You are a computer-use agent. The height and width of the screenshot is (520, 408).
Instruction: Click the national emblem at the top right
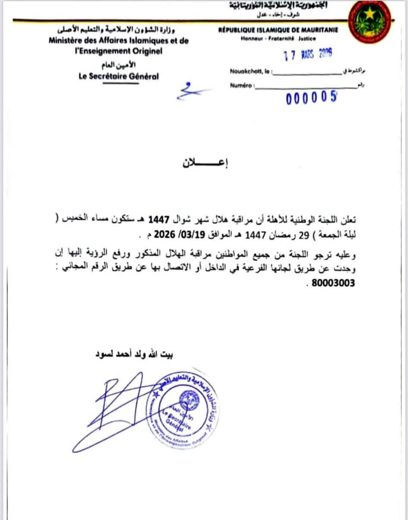tap(369, 22)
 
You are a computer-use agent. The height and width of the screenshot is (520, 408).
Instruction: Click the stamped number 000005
tap(311, 98)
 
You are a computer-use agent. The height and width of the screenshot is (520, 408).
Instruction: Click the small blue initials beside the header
tap(190, 90)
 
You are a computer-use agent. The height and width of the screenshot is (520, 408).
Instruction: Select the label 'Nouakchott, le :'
tap(251, 72)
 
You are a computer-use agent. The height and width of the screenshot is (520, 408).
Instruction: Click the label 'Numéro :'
tap(242, 86)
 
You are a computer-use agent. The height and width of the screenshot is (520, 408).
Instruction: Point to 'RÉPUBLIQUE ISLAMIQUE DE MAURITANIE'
tap(278, 30)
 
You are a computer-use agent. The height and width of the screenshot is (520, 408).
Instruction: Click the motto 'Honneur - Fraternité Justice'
tap(278, 38)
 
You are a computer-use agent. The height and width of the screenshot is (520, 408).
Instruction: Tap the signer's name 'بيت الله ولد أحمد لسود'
tap(133, 355)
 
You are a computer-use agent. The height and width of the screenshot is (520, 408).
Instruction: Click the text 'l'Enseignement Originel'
tap(118, 51)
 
